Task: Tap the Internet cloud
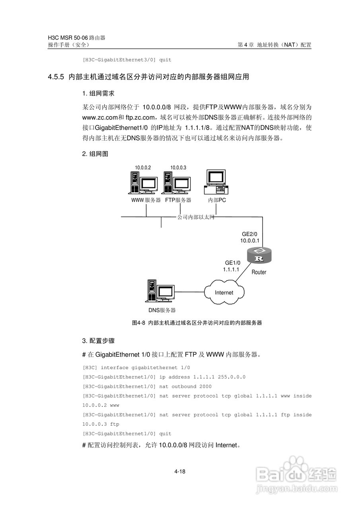(224, 293)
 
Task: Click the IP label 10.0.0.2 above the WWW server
(143, 167)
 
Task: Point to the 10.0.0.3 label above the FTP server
(178, 167)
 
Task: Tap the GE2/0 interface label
(250, 234)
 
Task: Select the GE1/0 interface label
(233, 263)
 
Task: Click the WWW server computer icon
(144, 183)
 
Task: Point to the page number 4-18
(180, 472)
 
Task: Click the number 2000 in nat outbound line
(205, 387)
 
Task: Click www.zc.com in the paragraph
(100, 117)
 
